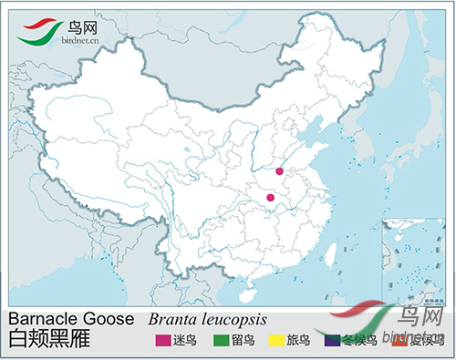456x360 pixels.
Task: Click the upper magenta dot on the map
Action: click(279, 170)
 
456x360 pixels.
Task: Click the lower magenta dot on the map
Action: click(270, 197)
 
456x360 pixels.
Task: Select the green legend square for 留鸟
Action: click(222, 342)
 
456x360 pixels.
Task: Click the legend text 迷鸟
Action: click(185, 342)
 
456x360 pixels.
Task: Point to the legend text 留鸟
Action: click(242, 342)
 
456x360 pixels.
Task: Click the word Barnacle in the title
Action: click(44, 320)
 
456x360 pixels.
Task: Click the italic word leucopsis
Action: click(233, 321)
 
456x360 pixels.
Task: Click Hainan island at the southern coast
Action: click(246, 294)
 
